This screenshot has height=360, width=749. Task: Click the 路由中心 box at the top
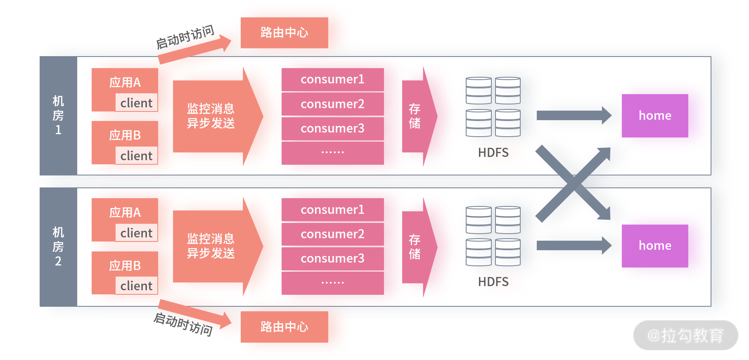(x=284, y=33)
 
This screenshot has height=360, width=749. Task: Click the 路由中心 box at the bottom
(x=284, y=327)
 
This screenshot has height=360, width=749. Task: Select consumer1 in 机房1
(x=332, y=79)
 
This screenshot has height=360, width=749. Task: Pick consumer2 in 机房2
(x=332, y=234)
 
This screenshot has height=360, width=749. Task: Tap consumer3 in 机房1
(x=332, y=128)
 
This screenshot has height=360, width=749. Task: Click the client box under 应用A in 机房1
(x=136, y=103)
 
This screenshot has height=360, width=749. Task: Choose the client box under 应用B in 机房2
(x=136, y=286)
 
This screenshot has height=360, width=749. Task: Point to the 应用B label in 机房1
(x=125, y=135)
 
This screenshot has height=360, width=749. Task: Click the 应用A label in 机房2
(x=125, y=212)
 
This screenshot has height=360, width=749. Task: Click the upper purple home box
(x=655, y=116)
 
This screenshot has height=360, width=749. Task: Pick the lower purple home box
(x=655, y=246)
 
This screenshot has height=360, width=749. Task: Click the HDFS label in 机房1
(x=493, y=153)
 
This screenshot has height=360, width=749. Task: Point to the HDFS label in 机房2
(x=493, y=282)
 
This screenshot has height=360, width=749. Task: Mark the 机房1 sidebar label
(x=58, y=116)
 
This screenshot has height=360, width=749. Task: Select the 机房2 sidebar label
(x=58, y=247)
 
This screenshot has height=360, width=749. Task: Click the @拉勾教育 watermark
(x=685, y=335)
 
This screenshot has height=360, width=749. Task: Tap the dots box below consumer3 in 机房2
(x=332, y=283)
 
